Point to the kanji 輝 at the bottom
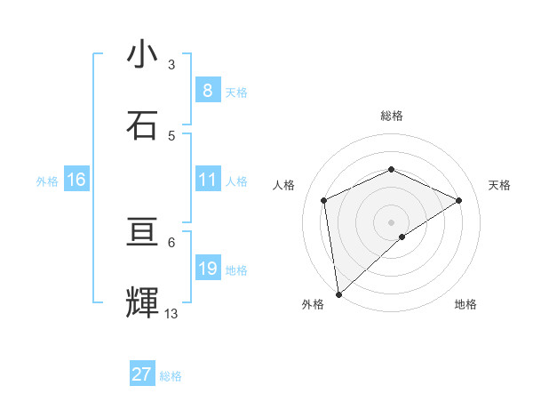coord(142,302)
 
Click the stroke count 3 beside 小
coord(171,64)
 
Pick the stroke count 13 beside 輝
coord(171,313)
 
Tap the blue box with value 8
coord(207,90)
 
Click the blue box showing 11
coord(207,180)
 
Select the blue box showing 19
coord(207,269)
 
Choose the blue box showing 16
coord(76,180)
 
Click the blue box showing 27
coord(141,374)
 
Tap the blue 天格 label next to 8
coord(235,92)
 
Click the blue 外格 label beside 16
coord(47,181)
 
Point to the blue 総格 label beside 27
coord(171,376)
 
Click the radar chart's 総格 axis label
coord(392,116)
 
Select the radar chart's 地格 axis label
coord(465,304)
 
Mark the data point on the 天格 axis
coord(459,200)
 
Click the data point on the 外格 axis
coord(338,294)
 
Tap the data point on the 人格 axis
coord(324,200)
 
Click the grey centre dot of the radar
coord(392,221)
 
